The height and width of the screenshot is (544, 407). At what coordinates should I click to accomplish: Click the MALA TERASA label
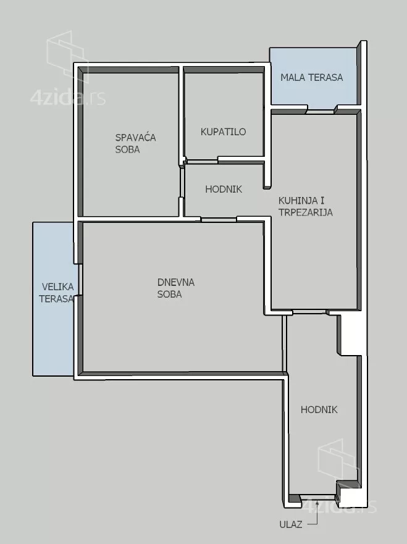point(312,77)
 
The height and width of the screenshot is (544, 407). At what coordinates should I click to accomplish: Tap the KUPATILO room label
point(223,132)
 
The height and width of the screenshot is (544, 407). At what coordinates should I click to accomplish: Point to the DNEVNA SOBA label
point(175,288)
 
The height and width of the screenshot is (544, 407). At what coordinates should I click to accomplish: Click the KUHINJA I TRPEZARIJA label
point(305,206)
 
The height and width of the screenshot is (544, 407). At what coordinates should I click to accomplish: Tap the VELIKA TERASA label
point(56,293)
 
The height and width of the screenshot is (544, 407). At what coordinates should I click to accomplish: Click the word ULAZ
point(291,524)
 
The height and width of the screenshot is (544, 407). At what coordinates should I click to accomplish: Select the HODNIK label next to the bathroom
point(224,189)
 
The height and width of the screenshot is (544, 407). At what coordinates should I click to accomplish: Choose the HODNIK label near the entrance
point(319,410)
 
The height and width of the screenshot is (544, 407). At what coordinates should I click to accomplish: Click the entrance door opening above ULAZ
point(318,499)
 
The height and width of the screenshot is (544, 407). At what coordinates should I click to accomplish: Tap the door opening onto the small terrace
point(321,111)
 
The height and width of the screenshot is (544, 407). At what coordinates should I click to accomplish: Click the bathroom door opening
point(202,161)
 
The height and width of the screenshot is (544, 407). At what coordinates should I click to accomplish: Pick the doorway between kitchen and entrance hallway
point(311,312)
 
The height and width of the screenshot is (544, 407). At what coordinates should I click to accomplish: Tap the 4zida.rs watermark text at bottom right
point(340,506)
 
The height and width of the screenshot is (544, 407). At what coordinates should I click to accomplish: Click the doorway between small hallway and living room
point(219,220)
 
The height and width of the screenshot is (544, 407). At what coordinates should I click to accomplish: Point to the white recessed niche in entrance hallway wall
point(350,335)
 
